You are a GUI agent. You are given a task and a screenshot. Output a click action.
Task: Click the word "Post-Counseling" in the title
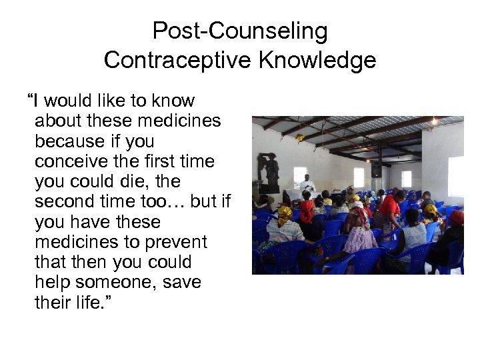click(x=240, y=31)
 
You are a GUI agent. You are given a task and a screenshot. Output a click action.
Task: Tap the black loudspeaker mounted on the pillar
click(x=377, y=169)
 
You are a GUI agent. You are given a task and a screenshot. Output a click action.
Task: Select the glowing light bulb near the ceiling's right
click(x=434, y=122)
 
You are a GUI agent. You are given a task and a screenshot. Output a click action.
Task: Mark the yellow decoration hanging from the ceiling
click(x=299, y=138)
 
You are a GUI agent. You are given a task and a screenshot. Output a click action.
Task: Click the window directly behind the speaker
click(x=300, y=175)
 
